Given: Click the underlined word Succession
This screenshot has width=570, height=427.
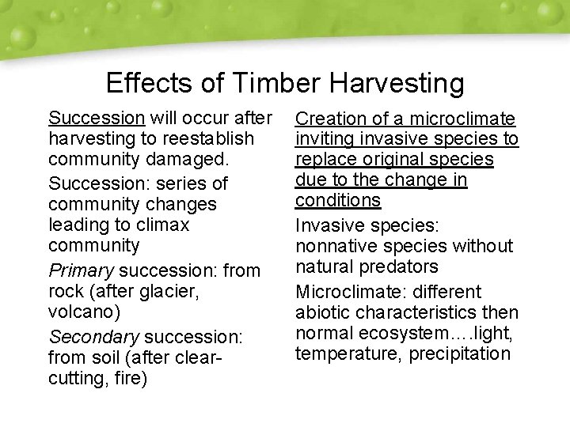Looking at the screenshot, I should (x=97, y=119).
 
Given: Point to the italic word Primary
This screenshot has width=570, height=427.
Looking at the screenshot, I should (x=81, y=270).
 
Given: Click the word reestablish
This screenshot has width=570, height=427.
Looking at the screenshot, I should (x=207, y=139).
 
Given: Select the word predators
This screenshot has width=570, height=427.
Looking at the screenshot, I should (x=400, y=267).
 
